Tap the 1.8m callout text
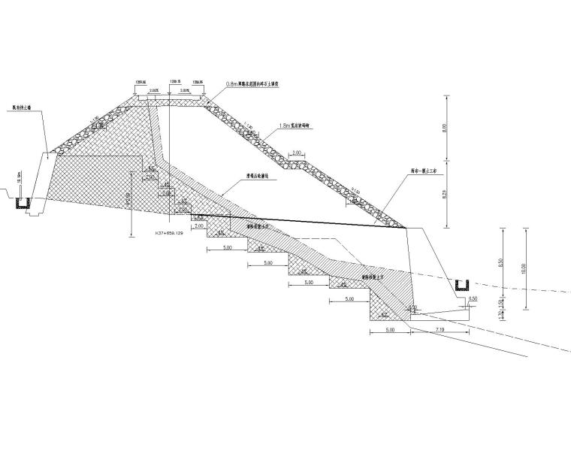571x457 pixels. click(x=295, y=127)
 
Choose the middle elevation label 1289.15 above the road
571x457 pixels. click(x=175, y=81)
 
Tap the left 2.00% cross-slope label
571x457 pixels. click(x=154, y=90)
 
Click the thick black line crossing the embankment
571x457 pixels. click(x=301, y=221)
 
